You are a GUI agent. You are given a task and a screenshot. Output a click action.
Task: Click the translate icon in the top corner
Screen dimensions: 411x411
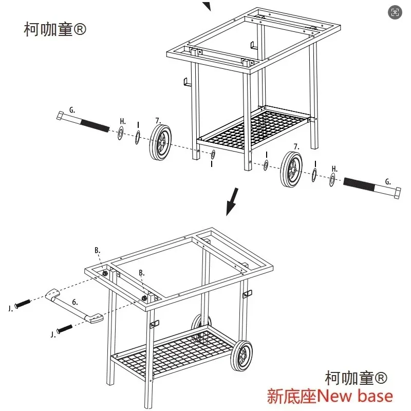coord(395,12)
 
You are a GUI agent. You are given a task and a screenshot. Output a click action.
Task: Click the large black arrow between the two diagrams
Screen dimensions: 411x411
coord(233,201)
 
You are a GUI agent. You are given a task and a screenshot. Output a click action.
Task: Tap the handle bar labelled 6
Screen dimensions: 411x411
coord(74,306)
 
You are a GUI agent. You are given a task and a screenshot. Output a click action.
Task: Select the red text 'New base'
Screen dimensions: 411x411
coord(354,396)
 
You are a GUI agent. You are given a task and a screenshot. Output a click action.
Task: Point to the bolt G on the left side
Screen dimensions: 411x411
coord(83,122)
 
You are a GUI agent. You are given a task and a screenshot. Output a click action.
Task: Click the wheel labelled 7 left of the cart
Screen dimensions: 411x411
coord(160,142)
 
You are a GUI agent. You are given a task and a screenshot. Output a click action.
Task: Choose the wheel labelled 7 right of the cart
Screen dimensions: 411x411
coord(291,169)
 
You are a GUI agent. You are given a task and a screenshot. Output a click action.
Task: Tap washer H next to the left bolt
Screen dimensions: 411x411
coord(121,133)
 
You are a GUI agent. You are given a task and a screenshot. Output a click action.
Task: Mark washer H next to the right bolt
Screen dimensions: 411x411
coord(332,179)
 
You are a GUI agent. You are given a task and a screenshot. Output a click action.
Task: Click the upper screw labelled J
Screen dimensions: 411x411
coord(23,304)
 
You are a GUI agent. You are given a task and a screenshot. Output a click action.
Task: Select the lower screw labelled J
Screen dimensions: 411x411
coord(65,329)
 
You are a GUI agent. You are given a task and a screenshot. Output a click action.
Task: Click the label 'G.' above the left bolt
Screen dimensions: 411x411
coord(72,110)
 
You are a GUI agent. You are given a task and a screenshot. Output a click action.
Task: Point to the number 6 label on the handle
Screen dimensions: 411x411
coord(74,302)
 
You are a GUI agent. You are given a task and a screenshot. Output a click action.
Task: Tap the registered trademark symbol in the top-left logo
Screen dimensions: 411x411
coord(80,29)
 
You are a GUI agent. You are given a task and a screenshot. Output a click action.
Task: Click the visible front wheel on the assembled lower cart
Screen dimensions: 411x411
coord(241,356)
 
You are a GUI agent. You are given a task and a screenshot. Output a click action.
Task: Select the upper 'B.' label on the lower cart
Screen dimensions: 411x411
coord(97,250)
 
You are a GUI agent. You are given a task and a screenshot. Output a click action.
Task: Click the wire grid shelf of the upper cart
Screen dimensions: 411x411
coord(252,130)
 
